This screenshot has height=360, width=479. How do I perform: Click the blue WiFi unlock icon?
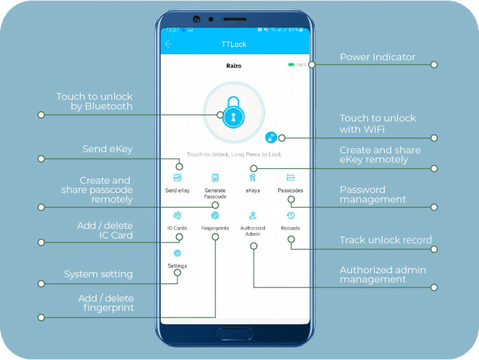coord(271,138)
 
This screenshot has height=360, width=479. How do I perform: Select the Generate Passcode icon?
coord(215,178)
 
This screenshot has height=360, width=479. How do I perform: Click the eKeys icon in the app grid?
coord(253,178)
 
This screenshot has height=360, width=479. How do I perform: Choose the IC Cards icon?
coord(177,216)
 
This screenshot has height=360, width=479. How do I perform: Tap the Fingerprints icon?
coord(215,216)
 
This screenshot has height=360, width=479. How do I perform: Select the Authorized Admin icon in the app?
coord(253,216)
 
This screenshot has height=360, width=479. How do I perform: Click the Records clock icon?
coord(291,216)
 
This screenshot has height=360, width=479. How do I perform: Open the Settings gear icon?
coord(177,253)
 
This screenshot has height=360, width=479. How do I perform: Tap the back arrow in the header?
coord(168,44)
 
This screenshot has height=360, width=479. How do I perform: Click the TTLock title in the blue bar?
coord(234,44)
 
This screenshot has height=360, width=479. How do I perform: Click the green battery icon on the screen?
coord(291,64)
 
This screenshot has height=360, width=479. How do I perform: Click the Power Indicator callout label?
coord(377,57)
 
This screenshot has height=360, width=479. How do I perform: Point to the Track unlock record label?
coord(385,240)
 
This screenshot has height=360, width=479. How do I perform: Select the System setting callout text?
coord(99,275)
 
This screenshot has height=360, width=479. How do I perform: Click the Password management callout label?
coord(372,195)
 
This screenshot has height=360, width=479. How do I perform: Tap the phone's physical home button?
coord(235,333)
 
